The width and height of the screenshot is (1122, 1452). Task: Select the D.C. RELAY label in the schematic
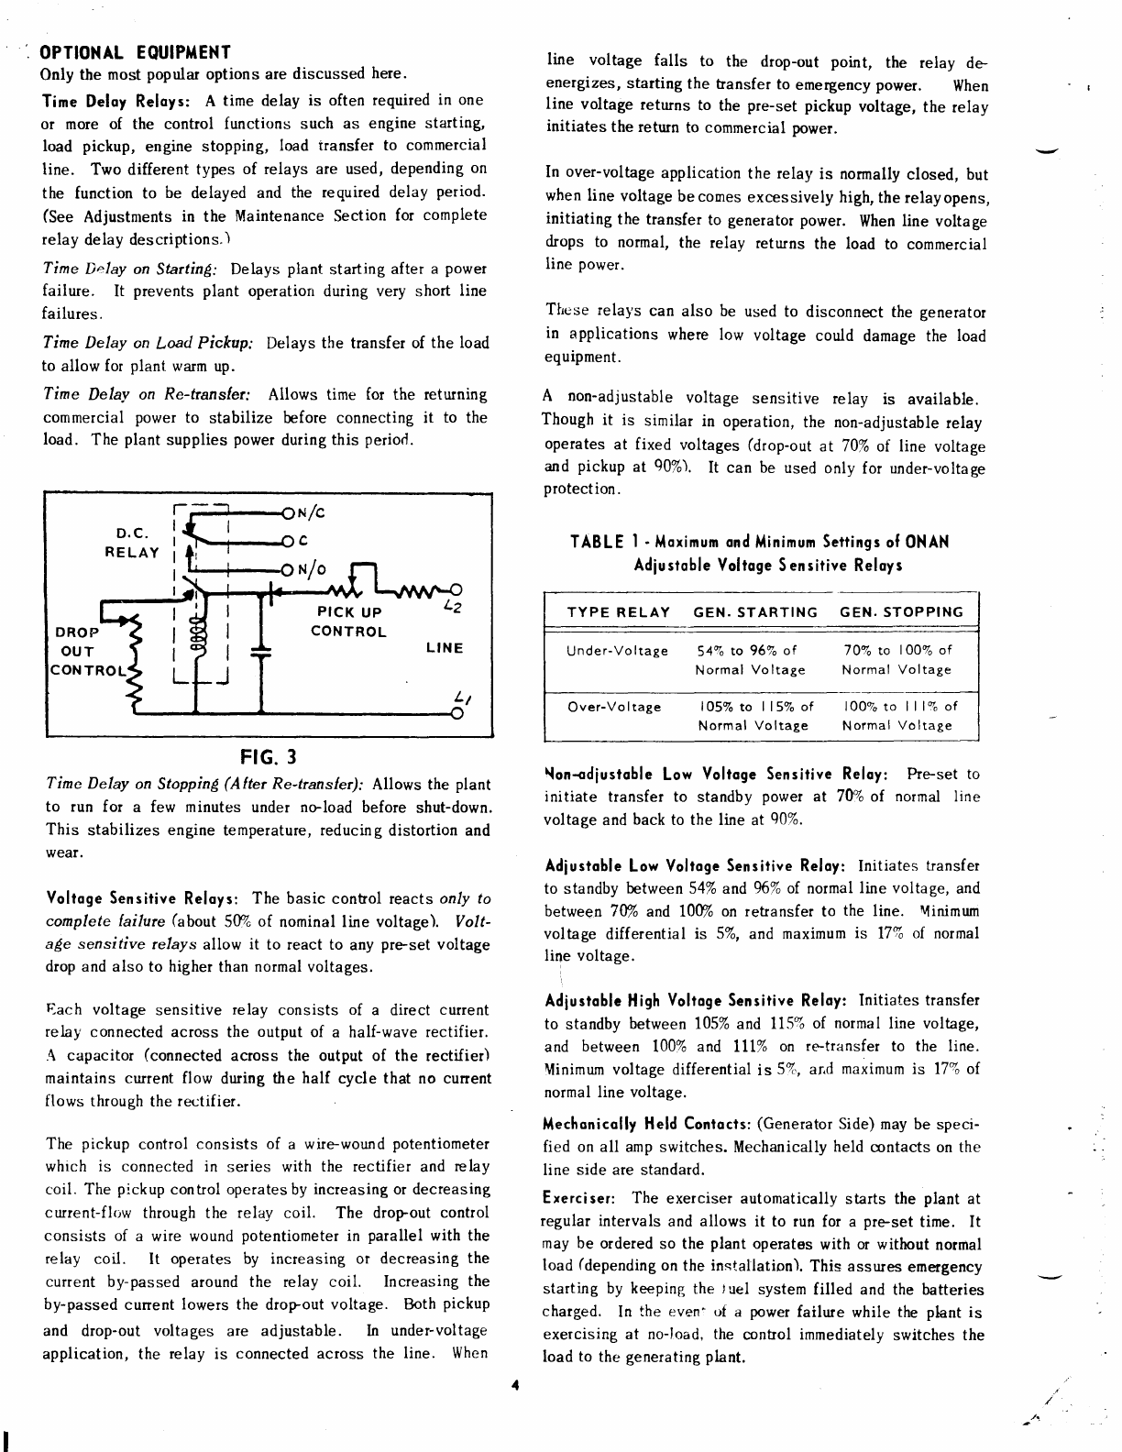132,543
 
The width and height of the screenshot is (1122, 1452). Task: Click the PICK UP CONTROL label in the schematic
349,621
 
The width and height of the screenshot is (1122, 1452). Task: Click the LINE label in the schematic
445,648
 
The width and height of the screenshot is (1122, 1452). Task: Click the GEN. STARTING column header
755,612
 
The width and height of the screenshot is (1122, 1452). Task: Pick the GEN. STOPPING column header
901,612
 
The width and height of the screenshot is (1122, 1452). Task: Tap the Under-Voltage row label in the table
617,651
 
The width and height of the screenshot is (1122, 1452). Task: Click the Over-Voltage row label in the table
614,707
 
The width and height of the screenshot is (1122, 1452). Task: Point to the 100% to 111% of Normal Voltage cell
898,716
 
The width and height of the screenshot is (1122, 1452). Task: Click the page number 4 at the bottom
516,1386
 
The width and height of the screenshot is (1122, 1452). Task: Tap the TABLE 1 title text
759,553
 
